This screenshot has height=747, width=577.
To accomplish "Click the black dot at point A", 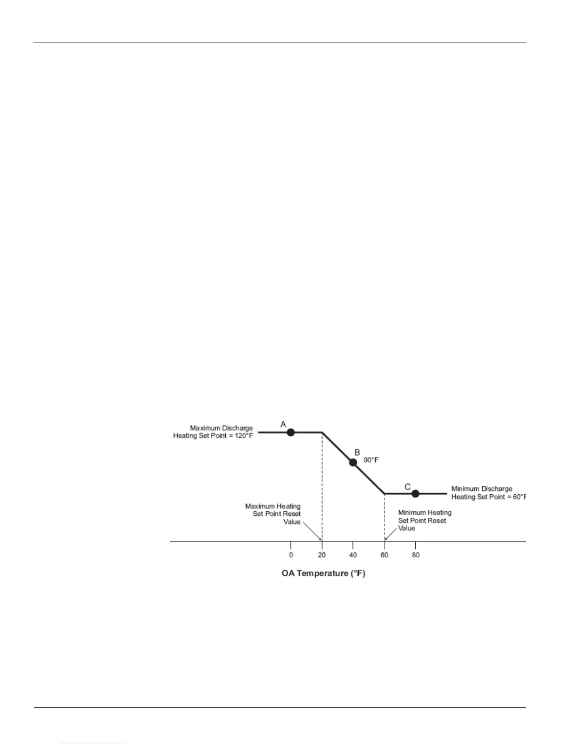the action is coord(291,432).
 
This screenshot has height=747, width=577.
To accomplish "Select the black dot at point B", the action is coord(353,462).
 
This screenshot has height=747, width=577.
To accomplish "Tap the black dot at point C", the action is coord(415,494).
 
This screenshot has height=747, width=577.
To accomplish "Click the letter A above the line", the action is coord(283,424).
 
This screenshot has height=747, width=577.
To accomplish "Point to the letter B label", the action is coord(357,452).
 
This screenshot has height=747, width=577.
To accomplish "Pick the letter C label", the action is coord(408,487).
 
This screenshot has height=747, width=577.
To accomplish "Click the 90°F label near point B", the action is coord(371,460).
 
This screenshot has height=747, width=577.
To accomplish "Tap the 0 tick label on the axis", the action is coord(291,555).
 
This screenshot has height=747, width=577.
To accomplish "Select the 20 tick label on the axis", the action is coord(321,555).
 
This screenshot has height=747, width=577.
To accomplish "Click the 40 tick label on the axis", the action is coord(353,555).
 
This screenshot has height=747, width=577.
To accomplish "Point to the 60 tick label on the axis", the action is coord(385,555).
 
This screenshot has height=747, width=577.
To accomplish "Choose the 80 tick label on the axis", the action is coord(415,555).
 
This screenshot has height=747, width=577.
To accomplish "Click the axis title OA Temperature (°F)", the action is coord(323,574).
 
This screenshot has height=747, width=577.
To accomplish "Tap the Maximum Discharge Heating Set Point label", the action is coord(213,432).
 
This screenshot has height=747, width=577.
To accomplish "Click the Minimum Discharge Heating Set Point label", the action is coord(488,493).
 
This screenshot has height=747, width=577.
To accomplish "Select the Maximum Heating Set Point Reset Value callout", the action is coord(273,514).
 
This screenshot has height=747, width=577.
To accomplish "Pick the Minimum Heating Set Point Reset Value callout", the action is coord(424,520).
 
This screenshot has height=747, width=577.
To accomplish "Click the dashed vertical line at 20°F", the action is coord(322,486).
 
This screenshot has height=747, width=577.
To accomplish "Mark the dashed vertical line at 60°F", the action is coord(385,516).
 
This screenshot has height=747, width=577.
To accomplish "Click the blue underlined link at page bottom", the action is coord(94,743).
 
